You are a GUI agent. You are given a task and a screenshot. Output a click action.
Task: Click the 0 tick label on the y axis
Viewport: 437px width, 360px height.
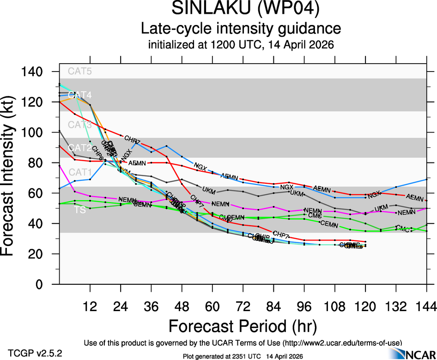(46, 284)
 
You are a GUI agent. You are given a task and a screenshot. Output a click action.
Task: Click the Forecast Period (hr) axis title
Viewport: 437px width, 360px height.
(242, 326)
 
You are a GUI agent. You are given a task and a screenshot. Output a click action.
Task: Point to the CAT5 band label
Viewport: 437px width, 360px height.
(80, 71)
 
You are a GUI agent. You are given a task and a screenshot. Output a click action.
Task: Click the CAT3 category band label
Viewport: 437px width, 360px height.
(80, 125)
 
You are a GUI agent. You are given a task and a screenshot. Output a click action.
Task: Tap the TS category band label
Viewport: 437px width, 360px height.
(80, 210)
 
